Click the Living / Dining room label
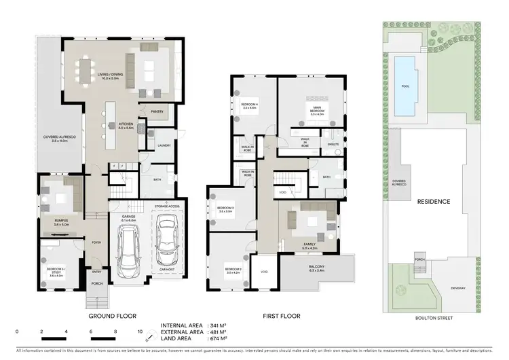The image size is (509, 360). click(109, 75)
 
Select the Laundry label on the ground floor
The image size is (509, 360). click(163, 145)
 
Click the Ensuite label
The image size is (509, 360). click(333, 145)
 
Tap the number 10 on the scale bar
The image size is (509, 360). click(140, 331)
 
